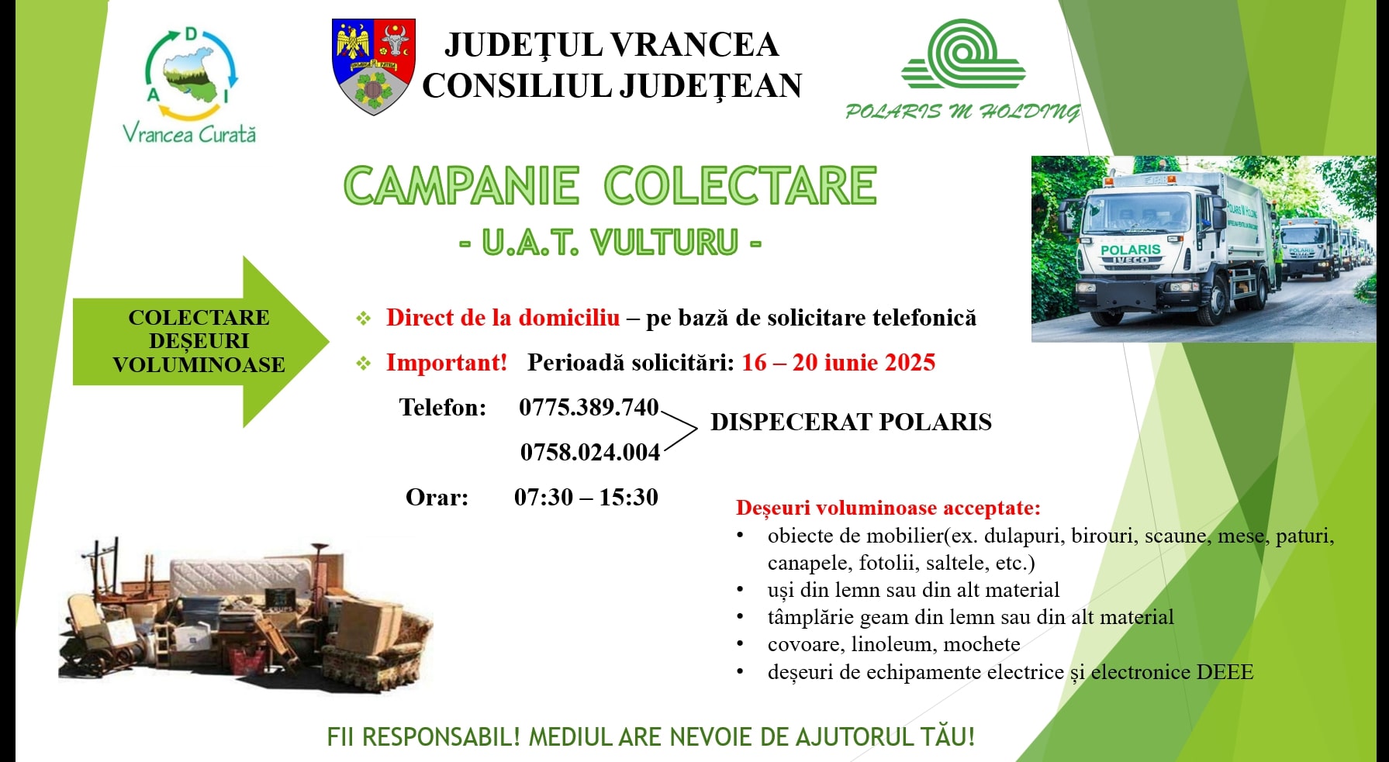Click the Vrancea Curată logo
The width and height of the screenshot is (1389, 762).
click(x=190, y=85)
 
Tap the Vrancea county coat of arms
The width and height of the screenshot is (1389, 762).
click(x=374, y=67)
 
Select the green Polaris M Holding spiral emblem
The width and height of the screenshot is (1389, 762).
click(x=963, y=53)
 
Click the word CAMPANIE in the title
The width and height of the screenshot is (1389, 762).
click(x=461, y=186)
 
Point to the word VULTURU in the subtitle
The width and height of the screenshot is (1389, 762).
click(x=665, y=243)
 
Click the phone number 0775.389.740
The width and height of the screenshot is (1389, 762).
click(x=589, y=407)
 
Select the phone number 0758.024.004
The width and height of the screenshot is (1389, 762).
click(x=590, y=452)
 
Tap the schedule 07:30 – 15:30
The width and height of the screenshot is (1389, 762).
click(x=586, y=497)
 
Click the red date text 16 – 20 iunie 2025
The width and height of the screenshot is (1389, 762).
click(x=838, y=362)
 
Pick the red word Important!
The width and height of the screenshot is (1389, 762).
click(x=447, y=362)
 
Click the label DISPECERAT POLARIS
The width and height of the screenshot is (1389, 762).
click(x=851, y=422)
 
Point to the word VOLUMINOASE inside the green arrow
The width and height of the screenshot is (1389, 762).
click(x=199, y=364)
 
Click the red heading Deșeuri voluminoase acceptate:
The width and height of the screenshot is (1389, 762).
click(x=888, y=508)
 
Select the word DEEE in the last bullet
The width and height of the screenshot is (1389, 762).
click(x=1225, y=671)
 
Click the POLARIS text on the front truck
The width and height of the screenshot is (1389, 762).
click(x=1131, y=250)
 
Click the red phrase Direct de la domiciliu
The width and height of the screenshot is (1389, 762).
click(x=503, y=317)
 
